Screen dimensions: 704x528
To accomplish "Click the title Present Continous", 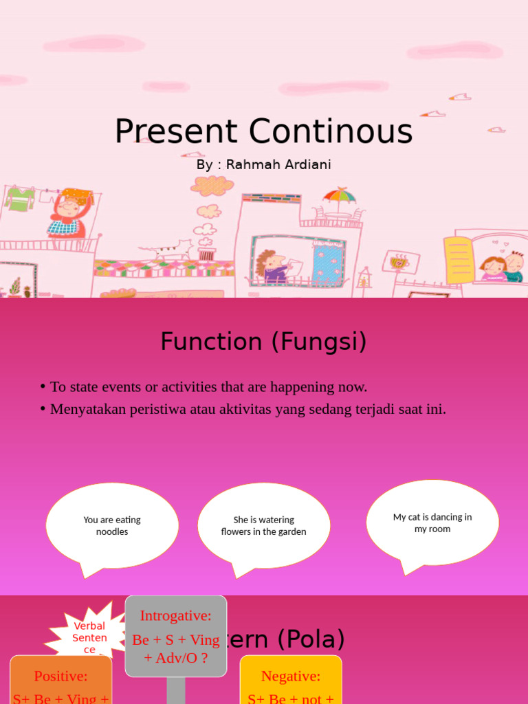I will coord(263,131).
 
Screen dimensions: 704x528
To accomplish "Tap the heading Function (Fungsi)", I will coord(263,341).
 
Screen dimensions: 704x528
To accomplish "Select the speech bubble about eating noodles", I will coord(112,527).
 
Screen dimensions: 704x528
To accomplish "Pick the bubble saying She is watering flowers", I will coord(263,527).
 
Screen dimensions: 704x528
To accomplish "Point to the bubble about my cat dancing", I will coord(432,523).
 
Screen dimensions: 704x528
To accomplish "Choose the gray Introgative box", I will coord(176,636).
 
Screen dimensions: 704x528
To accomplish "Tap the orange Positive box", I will coord(60,681).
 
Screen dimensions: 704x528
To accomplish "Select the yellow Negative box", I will coord(291,681).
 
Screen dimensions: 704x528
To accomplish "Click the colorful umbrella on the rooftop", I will coord(340,197).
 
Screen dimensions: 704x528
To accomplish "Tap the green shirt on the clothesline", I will coord(20,199).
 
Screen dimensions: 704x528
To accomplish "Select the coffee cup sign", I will coord(401,261).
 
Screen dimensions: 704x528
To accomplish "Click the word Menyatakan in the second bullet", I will coord(88,409).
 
